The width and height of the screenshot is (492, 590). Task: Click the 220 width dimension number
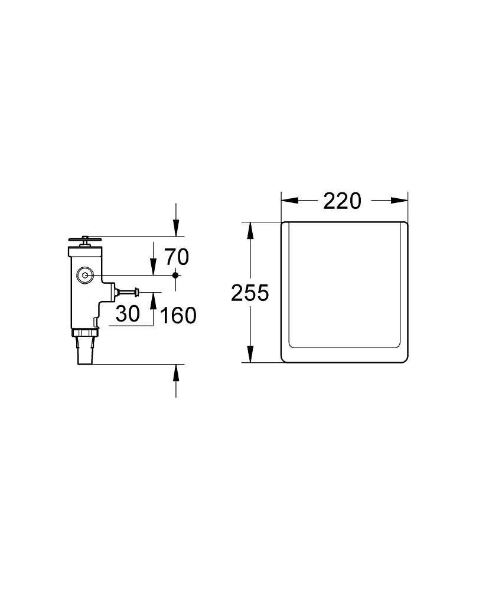342,201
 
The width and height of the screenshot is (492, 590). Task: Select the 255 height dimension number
250,293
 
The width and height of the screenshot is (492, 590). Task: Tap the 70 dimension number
177,257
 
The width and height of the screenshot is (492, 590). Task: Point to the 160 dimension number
178,315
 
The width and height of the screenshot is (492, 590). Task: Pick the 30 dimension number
128,314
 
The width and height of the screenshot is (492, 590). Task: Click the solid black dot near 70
175,276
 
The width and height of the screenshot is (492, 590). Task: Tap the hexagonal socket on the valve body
85,276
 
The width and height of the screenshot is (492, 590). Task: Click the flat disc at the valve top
85,238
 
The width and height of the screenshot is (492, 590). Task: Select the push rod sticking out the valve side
128,291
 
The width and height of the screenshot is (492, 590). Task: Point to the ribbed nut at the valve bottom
85,333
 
